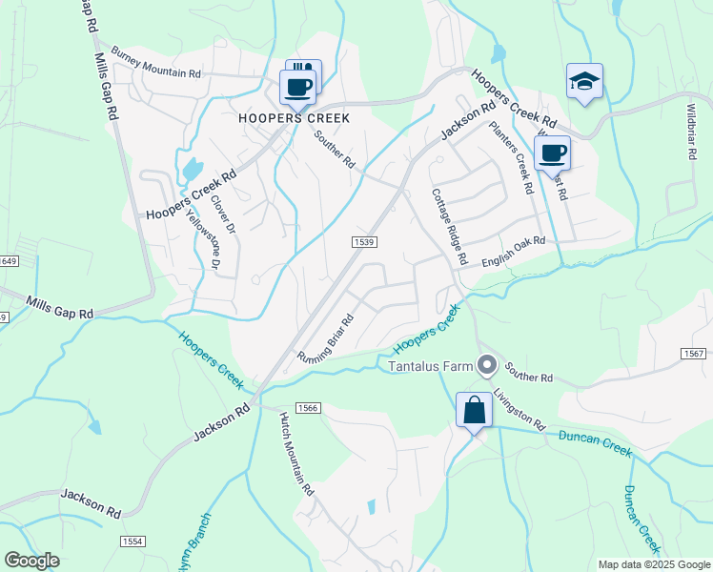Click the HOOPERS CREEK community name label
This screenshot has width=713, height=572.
[294, 119]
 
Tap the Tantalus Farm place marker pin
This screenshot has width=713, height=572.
[488, 364]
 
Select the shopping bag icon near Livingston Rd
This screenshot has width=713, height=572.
[474, 411]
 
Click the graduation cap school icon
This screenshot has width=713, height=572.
[583, 82]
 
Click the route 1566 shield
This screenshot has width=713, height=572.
[307, 407]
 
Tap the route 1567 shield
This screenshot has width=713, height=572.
[694, 354]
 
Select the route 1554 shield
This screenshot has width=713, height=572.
[132, 541]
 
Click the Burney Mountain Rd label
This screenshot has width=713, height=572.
[156, 62]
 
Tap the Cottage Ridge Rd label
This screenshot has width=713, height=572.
[448, 224]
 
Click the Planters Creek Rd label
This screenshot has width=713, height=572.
[509, 157]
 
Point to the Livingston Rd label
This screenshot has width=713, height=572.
[519, 408]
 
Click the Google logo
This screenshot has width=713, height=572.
[31, 561]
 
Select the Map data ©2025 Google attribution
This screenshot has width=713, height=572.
[653, 564]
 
